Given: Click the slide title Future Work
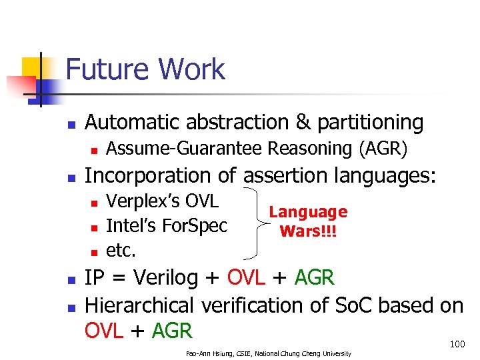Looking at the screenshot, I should (x=145, y=70).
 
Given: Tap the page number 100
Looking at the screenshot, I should (x=457, y=344).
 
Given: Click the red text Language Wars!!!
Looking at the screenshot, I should (x=308, y=221).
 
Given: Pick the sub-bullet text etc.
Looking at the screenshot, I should (x=121, y=250).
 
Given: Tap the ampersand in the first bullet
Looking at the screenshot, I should (x=304, y=123).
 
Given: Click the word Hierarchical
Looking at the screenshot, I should (x=139, y=305).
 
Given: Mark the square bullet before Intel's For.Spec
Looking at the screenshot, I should (x=94, y=227).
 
